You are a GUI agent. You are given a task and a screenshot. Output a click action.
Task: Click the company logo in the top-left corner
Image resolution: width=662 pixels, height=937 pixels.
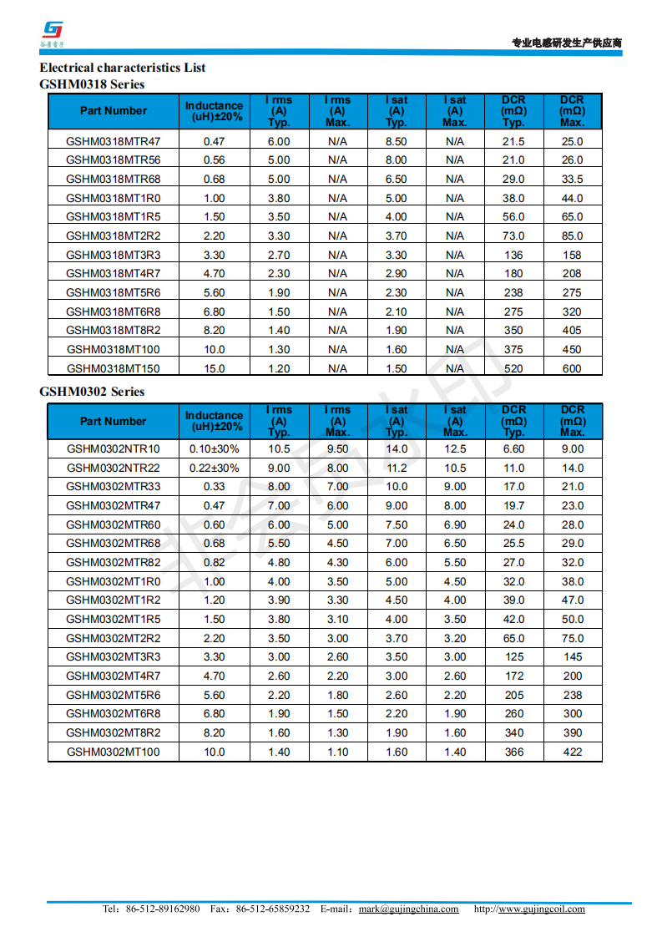coord(54,32)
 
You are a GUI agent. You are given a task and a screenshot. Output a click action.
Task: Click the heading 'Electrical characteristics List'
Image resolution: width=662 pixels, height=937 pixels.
coord(123,68)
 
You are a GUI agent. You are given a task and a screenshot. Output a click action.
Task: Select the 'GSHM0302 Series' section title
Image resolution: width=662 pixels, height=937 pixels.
coord(92,392)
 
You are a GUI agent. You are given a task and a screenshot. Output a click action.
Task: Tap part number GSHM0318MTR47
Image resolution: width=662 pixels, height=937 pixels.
coord(114,141)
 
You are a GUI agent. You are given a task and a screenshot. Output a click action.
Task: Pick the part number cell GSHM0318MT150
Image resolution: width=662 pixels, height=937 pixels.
coord(114,368)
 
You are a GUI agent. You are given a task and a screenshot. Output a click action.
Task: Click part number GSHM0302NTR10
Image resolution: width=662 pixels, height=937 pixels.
coord(114,448)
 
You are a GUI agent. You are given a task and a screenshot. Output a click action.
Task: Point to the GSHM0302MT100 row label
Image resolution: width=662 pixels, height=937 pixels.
coord(114,752)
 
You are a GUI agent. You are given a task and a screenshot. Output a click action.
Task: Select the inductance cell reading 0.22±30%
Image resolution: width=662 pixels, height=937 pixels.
coord(214,468)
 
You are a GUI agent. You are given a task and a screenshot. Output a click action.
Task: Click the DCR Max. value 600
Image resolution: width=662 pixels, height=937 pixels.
coord(572,368)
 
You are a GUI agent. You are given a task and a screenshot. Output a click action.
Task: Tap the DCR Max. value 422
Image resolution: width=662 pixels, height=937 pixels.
coord(573,752)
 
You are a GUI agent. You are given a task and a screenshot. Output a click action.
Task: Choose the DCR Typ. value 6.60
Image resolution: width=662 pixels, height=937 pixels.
coord(514,448)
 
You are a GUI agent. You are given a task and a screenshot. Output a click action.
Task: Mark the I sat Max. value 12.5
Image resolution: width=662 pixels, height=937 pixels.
coord(455,448)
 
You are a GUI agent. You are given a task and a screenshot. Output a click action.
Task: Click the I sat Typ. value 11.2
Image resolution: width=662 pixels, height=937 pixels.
coord(397,468)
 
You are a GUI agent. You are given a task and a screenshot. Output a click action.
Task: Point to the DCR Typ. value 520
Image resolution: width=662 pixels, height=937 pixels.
coord(513,368)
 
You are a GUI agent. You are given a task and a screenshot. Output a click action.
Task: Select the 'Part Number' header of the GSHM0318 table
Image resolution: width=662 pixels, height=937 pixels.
coord(114,110)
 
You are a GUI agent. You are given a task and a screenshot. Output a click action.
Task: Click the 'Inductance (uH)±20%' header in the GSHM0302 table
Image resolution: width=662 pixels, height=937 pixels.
coord(214,421)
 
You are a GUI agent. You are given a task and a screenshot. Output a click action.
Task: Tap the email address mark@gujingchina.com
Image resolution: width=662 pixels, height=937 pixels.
coord(408,909)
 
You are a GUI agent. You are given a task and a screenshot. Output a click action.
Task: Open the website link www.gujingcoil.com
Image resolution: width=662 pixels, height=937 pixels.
coord(541,909)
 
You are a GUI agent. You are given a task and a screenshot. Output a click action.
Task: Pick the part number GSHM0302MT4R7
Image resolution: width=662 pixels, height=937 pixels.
coord(114,676)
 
